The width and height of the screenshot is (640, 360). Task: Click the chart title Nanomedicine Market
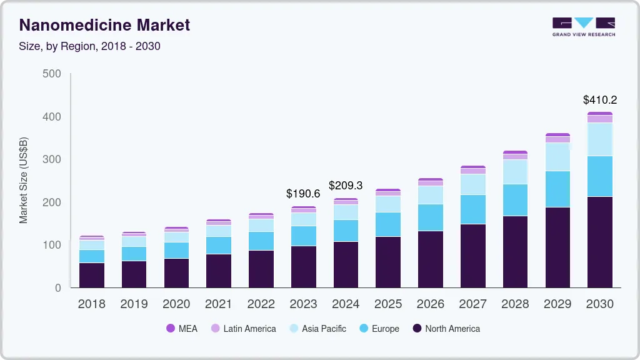(104, 26)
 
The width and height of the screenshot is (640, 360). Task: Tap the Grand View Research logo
(583, 27)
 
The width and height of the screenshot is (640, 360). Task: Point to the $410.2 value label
(600, 100)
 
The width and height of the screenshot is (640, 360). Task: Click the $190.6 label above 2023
(303, 194)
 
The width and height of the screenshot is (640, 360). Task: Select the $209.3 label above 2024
(346, 186)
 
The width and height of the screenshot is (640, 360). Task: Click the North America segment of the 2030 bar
(600, 242)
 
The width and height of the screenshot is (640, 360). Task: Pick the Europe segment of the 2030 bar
(600, 176)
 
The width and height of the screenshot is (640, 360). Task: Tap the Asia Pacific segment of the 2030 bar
(600, 139)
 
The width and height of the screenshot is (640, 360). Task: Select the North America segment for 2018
(92, 275)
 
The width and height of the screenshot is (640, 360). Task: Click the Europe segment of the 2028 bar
(515, 200)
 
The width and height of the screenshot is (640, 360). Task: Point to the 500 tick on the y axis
(52, 74)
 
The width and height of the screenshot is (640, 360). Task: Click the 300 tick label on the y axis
(52, 159)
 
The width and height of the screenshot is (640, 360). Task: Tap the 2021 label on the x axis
(219, 304)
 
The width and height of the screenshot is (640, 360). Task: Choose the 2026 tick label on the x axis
(430, 304)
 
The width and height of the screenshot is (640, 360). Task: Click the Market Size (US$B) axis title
(24, 181)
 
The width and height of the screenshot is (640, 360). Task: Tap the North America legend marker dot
(417, 329)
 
